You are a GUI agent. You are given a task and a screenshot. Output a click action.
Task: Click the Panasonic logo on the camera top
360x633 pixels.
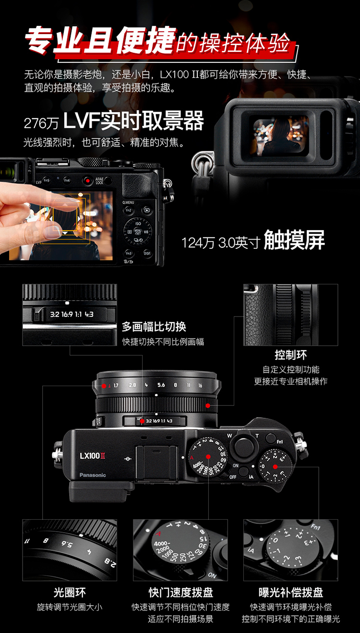coord(93,475)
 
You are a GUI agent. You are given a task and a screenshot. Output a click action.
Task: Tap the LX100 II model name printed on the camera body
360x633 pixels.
coord(92,455)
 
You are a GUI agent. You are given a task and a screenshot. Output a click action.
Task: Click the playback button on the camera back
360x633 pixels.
coord(147,210)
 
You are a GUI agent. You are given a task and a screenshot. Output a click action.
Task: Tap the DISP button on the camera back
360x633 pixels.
coord(147,253)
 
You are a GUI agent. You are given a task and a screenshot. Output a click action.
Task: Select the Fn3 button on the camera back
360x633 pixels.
coord(129,253)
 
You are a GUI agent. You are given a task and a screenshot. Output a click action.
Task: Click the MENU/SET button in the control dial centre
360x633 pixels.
coord(138,232)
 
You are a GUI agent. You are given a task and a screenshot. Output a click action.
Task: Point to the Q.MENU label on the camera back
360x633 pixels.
coord(128,202)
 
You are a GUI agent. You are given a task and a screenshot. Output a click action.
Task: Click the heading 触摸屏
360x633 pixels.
coord(294,240)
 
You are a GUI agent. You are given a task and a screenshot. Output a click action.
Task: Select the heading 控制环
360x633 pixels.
coord(290,355)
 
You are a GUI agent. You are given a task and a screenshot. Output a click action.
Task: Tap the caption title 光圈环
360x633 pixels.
coord(70,593)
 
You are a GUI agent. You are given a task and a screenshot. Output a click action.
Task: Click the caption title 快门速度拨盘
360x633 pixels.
coord(180,593)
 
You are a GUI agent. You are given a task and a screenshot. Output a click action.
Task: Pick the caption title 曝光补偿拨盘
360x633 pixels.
coord(290,593)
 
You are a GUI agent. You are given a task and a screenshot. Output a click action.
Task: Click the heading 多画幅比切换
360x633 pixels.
coord(154,327)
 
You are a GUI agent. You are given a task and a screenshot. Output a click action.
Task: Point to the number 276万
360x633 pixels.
coord(41,123)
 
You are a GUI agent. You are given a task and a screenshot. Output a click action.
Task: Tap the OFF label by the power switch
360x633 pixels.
coord(233,477)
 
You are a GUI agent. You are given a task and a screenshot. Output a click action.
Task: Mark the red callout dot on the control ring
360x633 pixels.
coord(208,405)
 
